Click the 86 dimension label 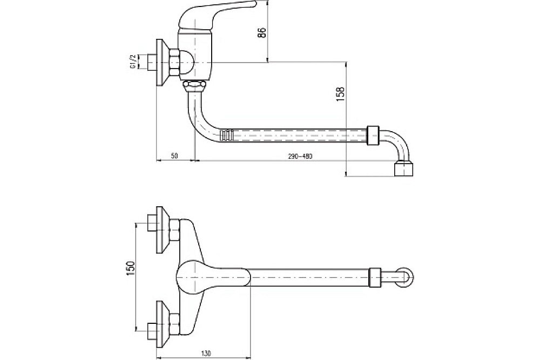(262, 33)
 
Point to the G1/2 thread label (132, 62)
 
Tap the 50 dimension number (174, 156)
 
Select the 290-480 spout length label (300, 156)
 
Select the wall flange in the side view (162, 62)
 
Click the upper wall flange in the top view (163, 229)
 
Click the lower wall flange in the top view (163, 323)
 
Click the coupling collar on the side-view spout (374, 135)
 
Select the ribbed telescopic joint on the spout (226, 135)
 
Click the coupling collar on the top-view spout (375, 277)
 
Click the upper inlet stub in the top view (152, 223)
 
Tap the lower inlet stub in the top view (152, 331)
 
